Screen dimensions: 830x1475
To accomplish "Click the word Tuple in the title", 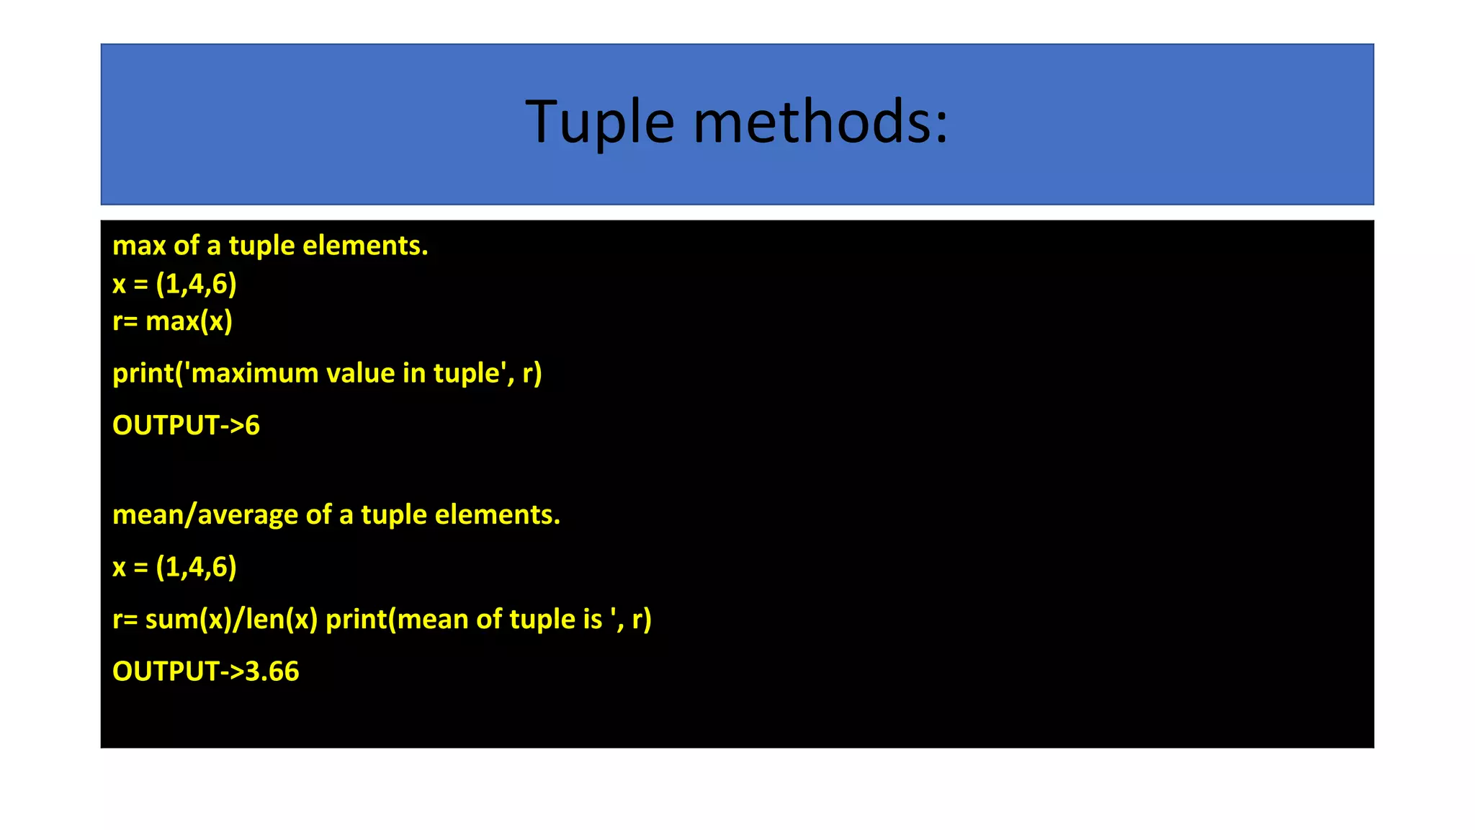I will pos(599,122).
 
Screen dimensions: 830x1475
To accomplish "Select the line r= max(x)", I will pos(172,321).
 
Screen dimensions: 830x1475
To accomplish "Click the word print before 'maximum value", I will pos(143,373).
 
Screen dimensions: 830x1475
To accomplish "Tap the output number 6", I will pos(252,425).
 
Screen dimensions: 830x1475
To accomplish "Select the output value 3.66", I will pos(272,671).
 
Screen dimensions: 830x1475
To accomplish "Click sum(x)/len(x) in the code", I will pos(231,619).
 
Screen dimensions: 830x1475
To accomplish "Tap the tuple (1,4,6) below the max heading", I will pos(196,284).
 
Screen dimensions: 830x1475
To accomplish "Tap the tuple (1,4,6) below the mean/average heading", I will pos(196,567).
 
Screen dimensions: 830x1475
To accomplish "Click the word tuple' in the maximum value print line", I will pos(469,373).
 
